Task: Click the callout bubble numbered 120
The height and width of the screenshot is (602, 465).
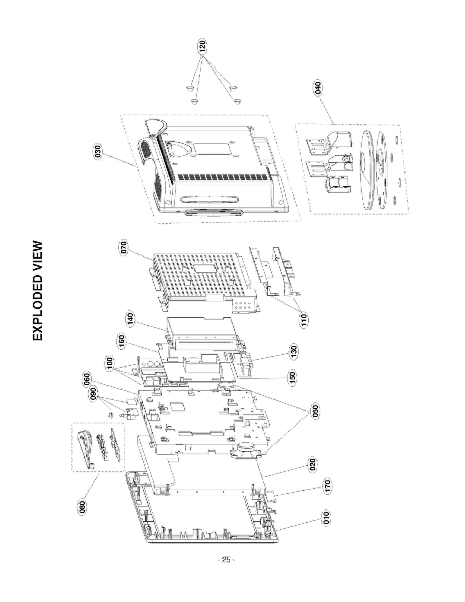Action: tap(202, 47)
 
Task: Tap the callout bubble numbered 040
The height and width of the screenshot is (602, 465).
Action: tap(318, 87)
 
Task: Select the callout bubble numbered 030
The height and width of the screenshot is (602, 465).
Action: tap(98, 152)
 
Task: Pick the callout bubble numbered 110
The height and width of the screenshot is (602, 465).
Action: tap(304, 320)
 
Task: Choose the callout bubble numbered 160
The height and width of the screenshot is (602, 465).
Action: tap(121, 341)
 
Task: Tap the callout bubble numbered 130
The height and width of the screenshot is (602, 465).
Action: tap(294, 352)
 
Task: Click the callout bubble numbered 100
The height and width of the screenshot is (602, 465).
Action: tap(110, 363)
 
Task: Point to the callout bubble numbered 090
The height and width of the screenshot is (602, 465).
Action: tap(93, 394)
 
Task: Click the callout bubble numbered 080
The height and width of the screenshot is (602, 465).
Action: tap(82, 507)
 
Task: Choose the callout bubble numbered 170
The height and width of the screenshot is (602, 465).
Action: tap(327, 486)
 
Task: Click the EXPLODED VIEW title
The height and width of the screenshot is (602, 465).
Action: tap(38, 291)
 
